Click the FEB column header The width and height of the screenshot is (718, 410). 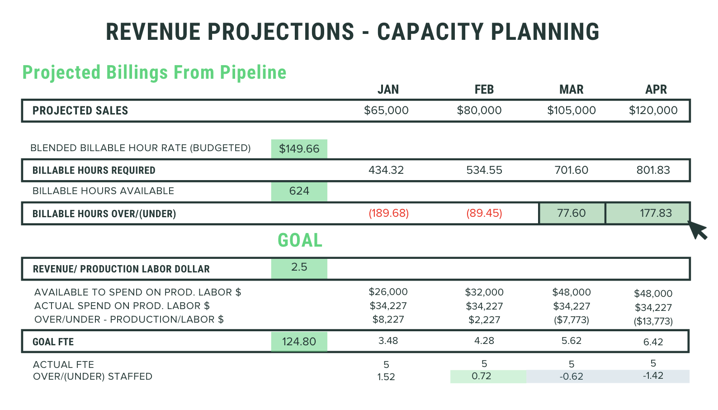(x=484, y=90)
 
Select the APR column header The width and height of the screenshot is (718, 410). (x=656, y=90)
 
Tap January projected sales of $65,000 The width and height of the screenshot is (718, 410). (x=386, y=110)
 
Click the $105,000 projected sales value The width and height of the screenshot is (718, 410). (x=571, y=110)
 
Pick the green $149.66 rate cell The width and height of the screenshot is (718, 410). (x=299, y=149)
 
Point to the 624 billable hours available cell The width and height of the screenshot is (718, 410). (x=299, y=191)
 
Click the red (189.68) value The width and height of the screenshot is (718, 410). (x=388, y=213)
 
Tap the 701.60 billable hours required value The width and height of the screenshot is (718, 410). (x=571, y=170)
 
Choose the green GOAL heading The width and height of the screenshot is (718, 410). (x=300, y=240)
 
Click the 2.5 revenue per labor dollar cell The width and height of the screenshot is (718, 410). (x=299, y=267)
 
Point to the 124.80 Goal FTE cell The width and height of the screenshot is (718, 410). (x=299, y=342)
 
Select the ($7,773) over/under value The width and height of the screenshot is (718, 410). (x=571, y=320)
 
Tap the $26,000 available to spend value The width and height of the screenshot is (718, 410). (x=388, y=292)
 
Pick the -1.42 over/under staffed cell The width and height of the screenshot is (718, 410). (x=653, y=376)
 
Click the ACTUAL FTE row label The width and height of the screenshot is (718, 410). (x=63, y=365)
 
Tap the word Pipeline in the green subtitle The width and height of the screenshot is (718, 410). (x=253, y=72)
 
